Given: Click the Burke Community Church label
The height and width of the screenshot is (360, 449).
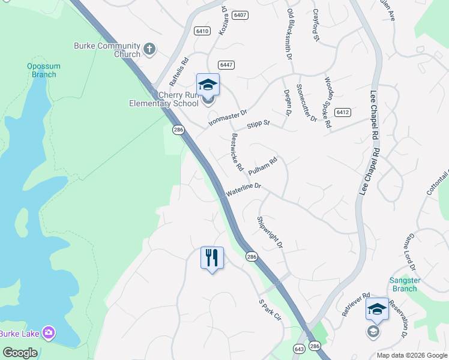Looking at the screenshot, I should [107, 50].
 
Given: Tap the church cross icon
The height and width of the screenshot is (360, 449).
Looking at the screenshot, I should [149, 47].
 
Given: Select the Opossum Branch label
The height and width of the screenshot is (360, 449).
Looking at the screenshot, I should [42, 70].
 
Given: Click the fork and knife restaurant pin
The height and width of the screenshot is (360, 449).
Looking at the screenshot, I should [212, 258].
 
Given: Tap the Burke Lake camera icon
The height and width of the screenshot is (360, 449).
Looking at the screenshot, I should [49, 332].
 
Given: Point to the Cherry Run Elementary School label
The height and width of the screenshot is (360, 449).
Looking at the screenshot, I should [164, 99].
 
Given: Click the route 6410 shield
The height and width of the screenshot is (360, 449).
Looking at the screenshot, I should [202, 31].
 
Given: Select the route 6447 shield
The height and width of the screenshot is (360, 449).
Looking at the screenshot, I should [226, 65].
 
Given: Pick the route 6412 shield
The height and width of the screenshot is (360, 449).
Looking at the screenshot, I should [343, 112].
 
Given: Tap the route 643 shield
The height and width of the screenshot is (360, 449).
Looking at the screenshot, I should [300, 348].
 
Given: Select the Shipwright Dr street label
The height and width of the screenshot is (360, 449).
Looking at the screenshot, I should [270, 232].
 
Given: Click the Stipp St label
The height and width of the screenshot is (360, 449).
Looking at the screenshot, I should [259, 125].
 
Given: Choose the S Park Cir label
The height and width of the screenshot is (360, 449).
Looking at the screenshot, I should [269, 311].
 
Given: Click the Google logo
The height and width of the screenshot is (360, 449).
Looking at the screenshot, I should [20, 353].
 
